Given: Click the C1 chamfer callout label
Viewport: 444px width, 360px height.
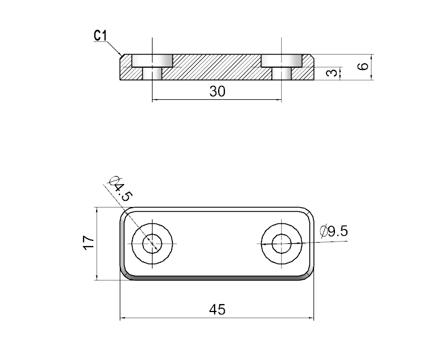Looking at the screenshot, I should point(100,36).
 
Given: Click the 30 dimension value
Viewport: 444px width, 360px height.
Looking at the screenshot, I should point(217,91).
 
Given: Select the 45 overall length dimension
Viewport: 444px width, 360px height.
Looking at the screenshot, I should point(217,309).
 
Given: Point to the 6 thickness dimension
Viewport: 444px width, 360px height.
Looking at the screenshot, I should point(364,66).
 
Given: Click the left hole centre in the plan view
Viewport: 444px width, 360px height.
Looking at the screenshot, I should point(151,244).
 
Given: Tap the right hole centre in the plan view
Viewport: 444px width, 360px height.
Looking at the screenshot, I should point(281,244).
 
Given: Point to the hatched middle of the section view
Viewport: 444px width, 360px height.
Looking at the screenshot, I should point(217,67).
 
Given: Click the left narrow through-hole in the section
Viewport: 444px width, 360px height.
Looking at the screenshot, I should point(151,73).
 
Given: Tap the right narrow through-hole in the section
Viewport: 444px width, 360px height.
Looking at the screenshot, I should point(281,73).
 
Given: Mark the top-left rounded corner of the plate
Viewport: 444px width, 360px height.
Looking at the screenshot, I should point(125,213).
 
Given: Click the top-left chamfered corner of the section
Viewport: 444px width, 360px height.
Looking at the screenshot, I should point(122,56).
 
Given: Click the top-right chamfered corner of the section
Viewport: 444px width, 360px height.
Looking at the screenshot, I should point(312,56).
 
